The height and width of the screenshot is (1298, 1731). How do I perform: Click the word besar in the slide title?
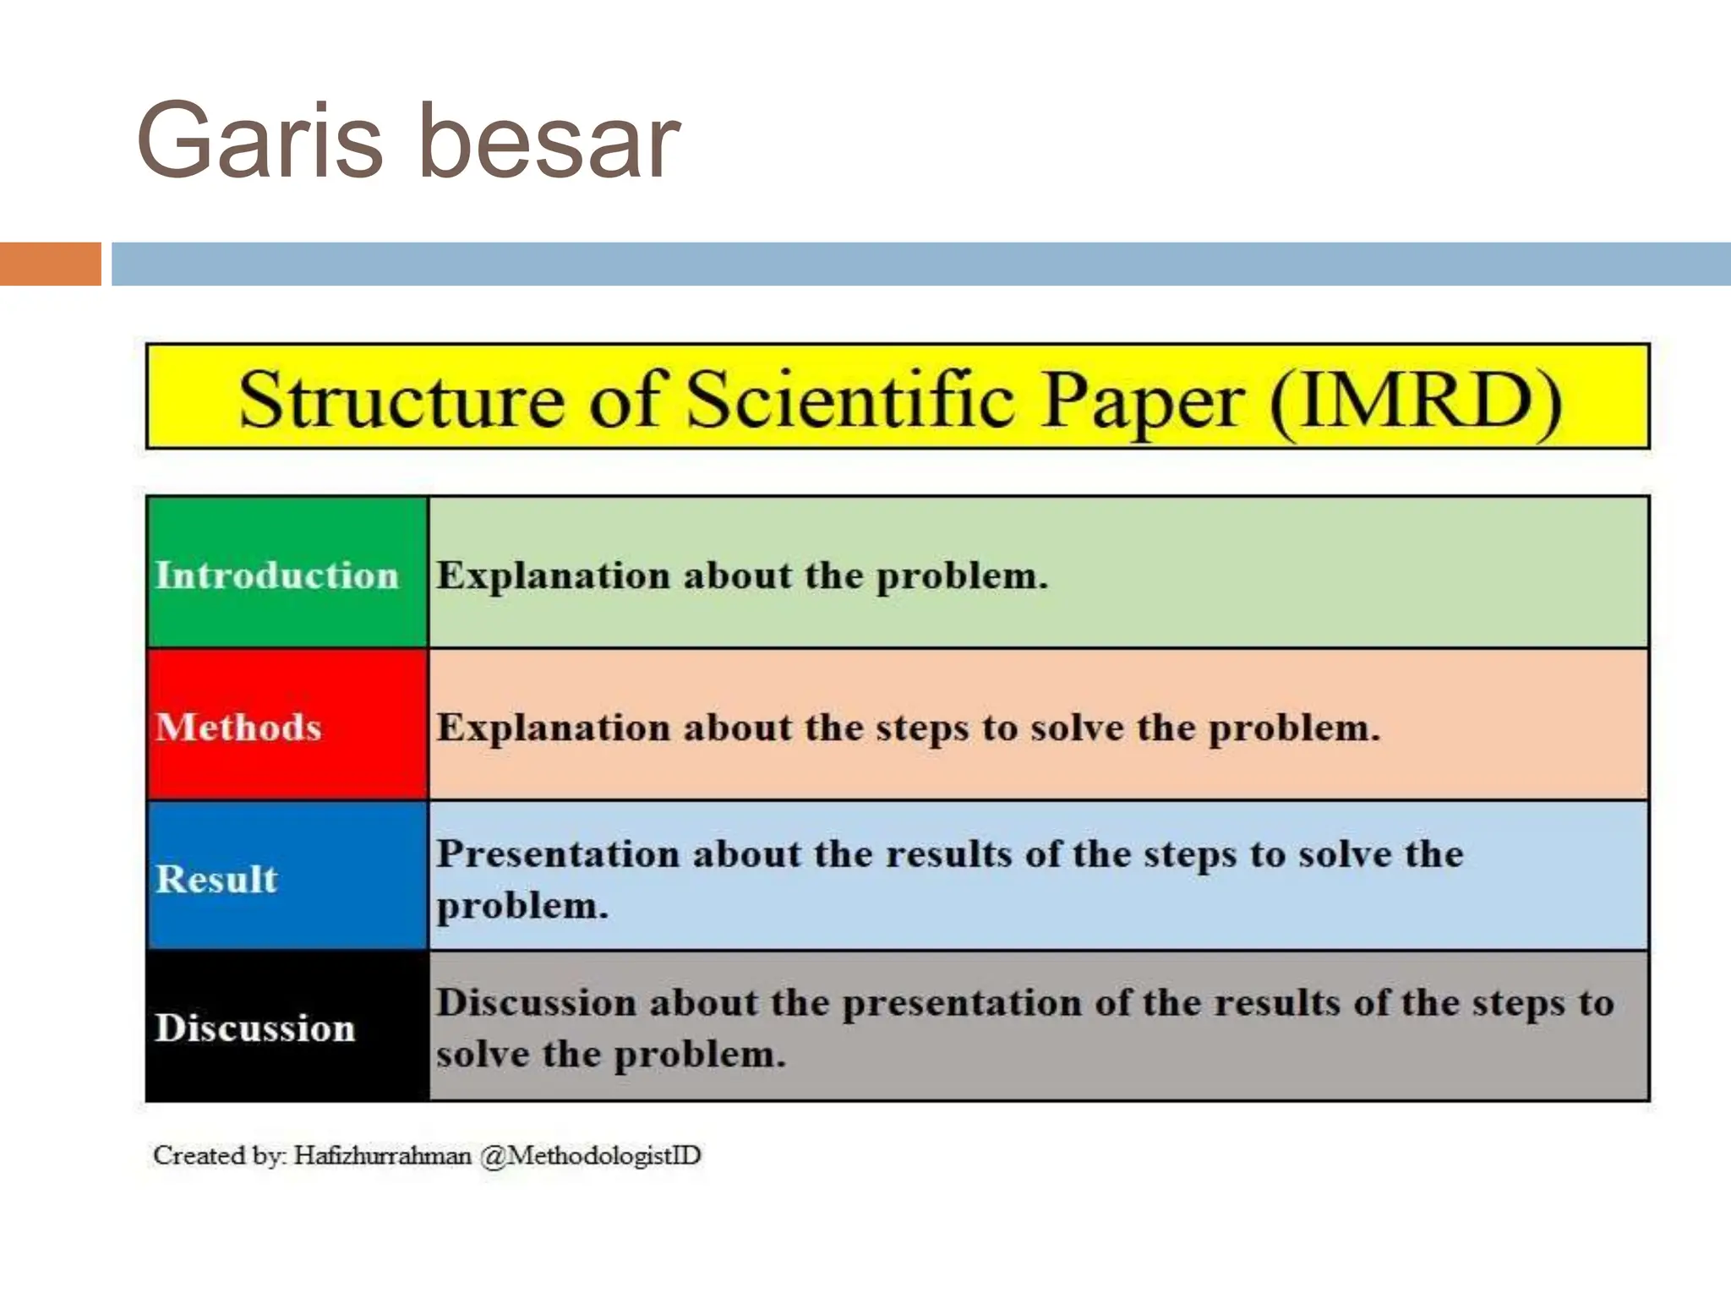click(x=549, y=141)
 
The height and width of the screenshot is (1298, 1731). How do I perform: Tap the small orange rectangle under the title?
click(x=50, y=264)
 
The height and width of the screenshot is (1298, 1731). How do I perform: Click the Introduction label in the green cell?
click(x=276, y=575)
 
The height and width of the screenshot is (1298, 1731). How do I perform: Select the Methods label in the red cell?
click(x=238, y=728)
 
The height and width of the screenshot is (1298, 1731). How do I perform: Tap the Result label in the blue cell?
click(x=216, y=879)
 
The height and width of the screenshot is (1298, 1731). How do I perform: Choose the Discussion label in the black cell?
click(x=254, y=1028)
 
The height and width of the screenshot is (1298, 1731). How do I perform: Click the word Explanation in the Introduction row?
click(x=553, y=576)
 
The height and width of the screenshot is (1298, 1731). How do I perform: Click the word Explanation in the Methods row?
click(x=553, y=728)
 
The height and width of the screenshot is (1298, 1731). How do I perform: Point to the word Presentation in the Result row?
click(x=558, y=854)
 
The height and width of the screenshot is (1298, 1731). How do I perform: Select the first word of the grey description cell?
click(x=535, y=1003)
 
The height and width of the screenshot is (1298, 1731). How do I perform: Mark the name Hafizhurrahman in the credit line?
click(x=382, y=1155)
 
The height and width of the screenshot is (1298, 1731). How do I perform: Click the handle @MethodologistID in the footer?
click(x=590, y=1155)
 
